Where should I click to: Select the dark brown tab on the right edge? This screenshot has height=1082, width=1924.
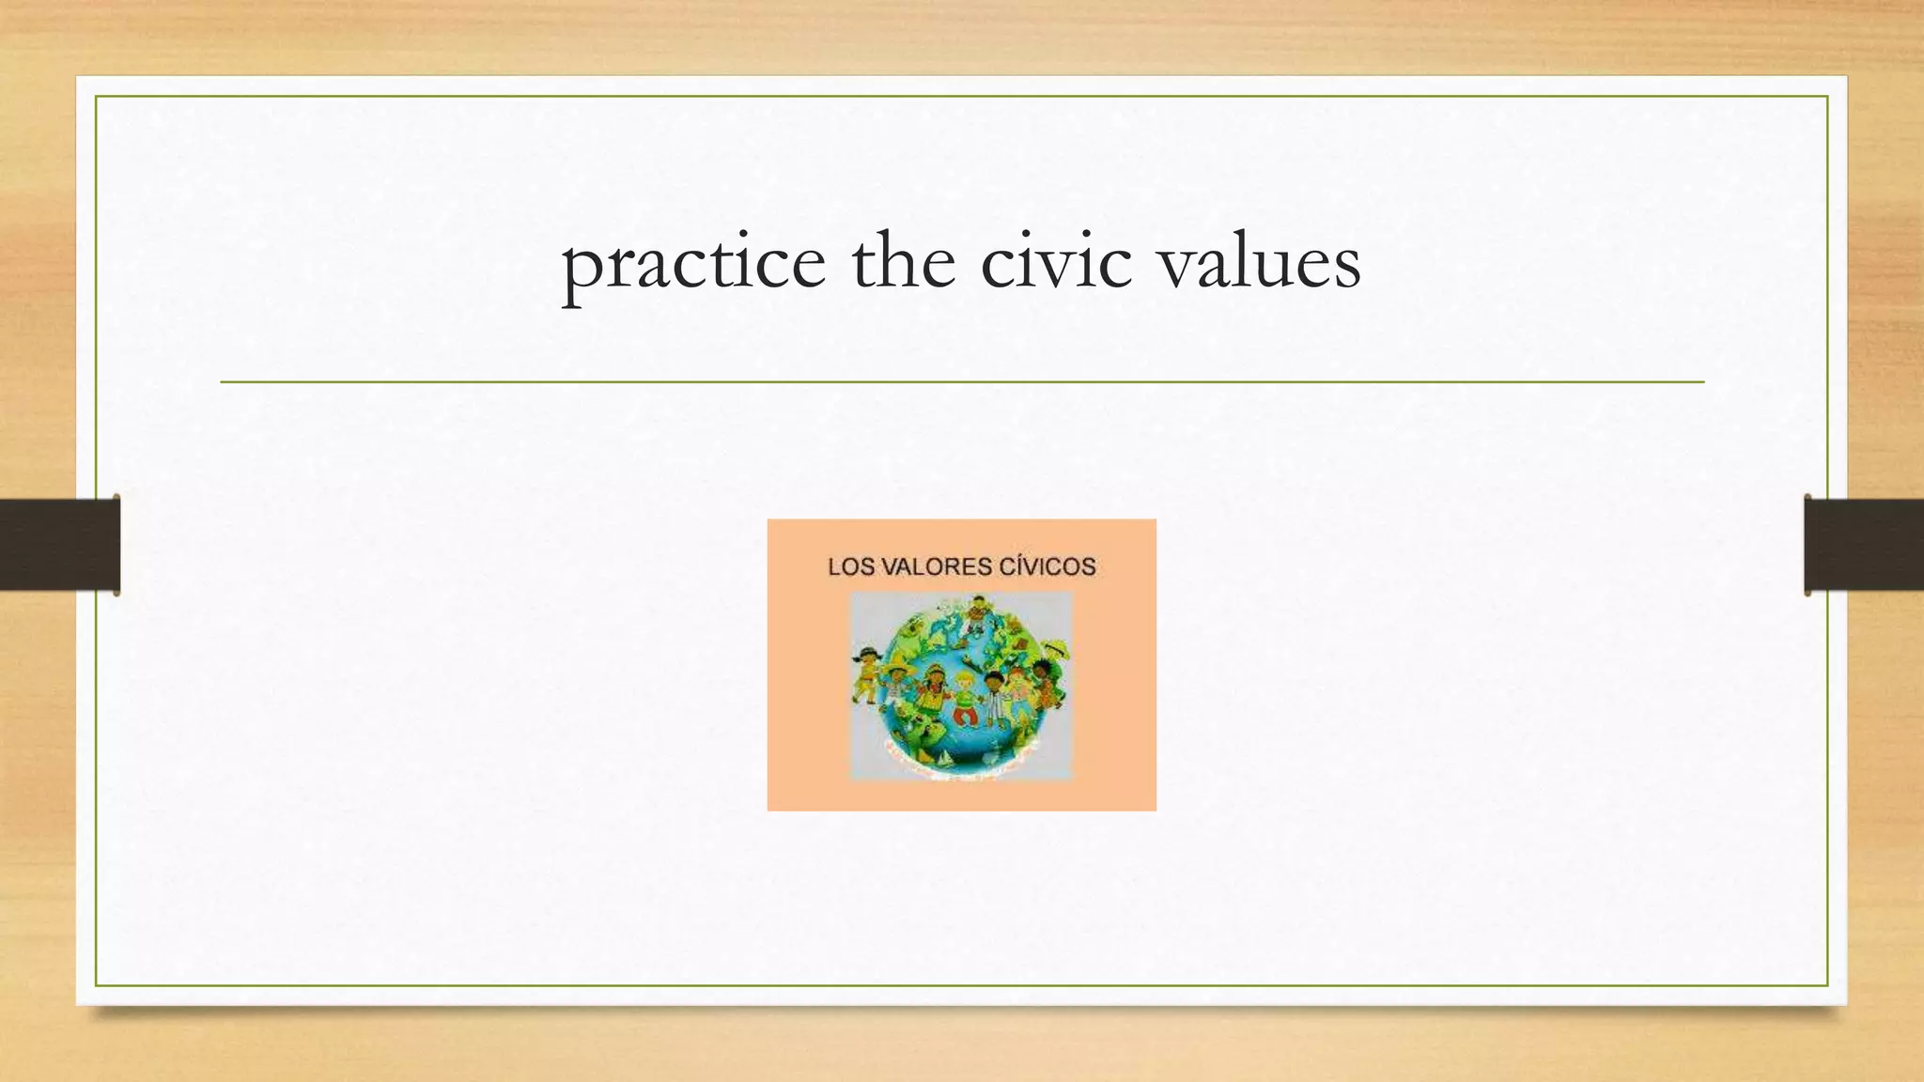pyautogui.click(x=1864, y=545)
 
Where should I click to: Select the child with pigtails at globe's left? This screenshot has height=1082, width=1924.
pyautogui.click(x=866, y=672)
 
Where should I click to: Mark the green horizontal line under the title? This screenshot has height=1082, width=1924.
pyautogui.click(x=962, y=382)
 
